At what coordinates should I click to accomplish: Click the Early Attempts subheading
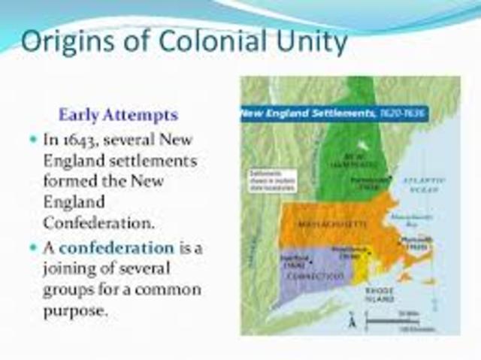point(118,115)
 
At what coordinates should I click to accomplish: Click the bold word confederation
point(116,247)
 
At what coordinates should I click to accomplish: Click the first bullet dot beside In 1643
point(33,141)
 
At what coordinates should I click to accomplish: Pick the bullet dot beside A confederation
point(33,247)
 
